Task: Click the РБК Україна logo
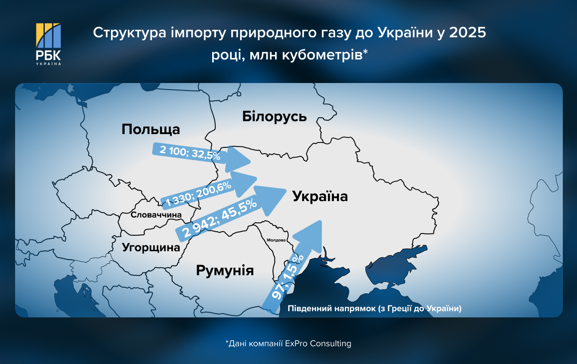point(48,44)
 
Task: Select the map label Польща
point(150,129)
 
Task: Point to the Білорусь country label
point(274,116)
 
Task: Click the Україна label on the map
point(320,196)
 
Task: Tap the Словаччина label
point(156,215)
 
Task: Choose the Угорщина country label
point(151,247)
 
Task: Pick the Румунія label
point(225,270)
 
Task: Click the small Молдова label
point(276,240)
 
